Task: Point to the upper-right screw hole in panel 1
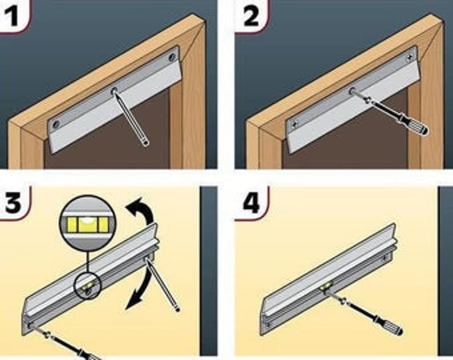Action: (x=172, y=56)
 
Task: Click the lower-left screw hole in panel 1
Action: (x=56, y=124)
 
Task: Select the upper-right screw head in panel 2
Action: (x=410, y=57)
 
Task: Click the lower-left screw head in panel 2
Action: (x=294, y=124)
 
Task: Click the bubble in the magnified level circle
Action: (x=87, y=221)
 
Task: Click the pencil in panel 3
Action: (x=163, y=284)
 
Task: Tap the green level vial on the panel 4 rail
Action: (x=326, y=287)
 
